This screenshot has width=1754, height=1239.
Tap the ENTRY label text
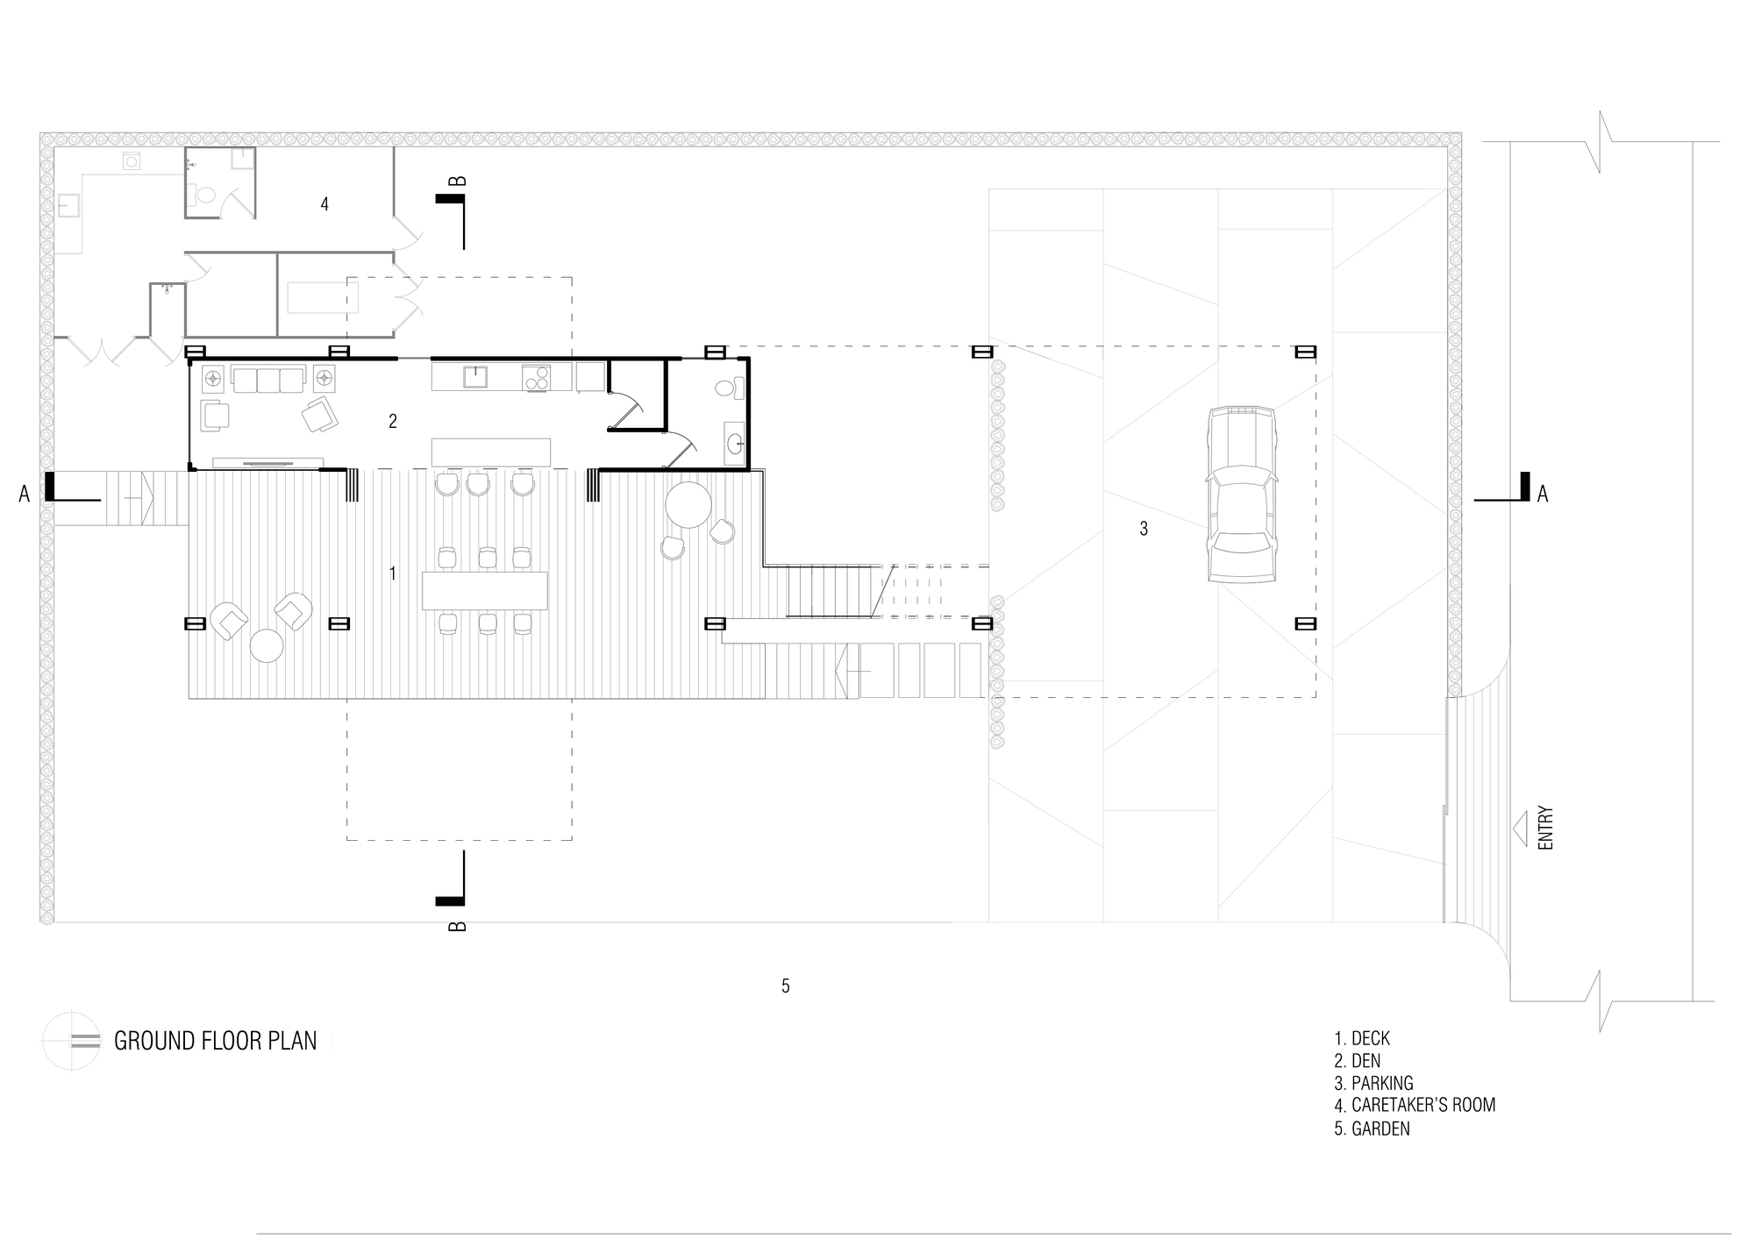tap(1545, 828)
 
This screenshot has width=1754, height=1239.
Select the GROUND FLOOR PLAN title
tap(216, 1041)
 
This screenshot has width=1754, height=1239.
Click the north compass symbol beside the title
tap(73, 1041)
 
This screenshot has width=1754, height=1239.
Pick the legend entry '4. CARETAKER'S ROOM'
tap(1415, 1105)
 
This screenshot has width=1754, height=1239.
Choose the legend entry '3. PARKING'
tap(1373, 1083)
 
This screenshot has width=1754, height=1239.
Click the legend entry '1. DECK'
tap(1362, 1038)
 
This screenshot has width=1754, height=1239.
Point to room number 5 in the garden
tap(786, 986)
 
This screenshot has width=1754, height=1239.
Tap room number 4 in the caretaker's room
tap(324, 204)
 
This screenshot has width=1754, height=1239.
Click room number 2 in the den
tap(393, 421)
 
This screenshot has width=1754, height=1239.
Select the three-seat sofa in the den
tap(268, 380)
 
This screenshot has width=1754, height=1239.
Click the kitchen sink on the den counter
tap(475, 377)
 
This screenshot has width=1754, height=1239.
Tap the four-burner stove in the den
tap(536, 377)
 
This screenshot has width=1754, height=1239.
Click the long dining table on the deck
tap(485, 591)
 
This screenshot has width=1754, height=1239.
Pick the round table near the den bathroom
tap(688, 504)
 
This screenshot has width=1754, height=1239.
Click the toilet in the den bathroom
tap(730, 388)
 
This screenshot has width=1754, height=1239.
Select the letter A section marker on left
tap(25, 495)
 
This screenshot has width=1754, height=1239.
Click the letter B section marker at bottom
tap(457, 926)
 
